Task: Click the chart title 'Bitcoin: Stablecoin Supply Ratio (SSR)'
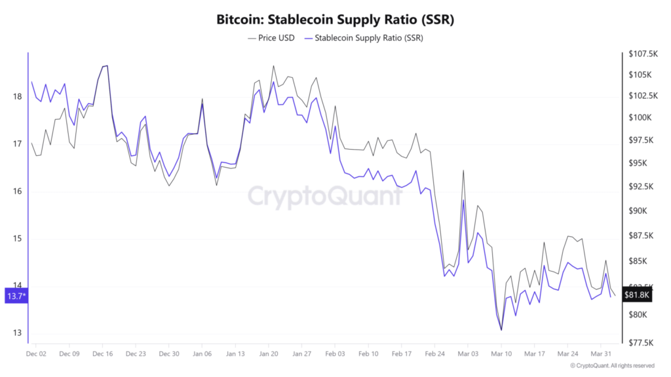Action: coord(335,20)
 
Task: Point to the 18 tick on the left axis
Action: coord(17,97)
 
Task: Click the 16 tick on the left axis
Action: coord(17,192)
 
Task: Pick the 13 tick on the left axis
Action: coord(17,333)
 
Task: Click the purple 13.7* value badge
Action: coord(16,296)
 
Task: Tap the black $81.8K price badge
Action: coord(637,295)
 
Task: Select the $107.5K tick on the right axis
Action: coord(643,53)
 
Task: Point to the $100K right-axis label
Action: coord(640,118)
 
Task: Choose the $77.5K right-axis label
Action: coord(641,342)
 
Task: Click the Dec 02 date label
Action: coord(36,353)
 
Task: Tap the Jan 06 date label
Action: coord(202,353)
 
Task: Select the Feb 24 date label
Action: coord(434,353)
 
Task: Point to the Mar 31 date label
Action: coord(601,353)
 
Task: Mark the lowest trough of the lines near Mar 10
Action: coord(501,330)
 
